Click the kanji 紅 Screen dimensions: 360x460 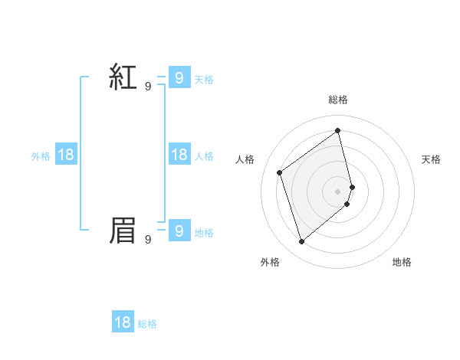coord(123,77)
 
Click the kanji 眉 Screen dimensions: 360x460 coord(123,231)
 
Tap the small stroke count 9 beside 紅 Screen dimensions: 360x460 coord(148,87)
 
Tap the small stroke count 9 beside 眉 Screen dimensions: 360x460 coord(148,240)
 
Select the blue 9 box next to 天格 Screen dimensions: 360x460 coord(179,78)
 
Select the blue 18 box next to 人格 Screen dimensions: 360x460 coord(179,155)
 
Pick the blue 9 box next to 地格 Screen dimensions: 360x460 coord(179,231)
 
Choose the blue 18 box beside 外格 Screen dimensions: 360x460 coord(66,155)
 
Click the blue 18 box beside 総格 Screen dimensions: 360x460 coord(123,322)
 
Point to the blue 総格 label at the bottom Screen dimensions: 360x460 coord(147,324)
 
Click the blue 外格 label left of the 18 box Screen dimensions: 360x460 coord(41,156)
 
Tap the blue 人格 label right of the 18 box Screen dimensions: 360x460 coord(205,156)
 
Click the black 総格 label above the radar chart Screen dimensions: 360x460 coord(338,100)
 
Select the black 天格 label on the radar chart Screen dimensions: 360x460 coord(431,159)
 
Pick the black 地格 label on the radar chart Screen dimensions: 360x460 coord(402,262)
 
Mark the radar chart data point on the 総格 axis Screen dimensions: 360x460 coord(338,130)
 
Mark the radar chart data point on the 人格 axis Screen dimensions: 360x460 coord(280,172)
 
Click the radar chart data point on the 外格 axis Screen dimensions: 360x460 coord(302,242)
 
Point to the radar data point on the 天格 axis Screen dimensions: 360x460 coord(352,186)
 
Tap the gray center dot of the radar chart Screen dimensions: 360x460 coord(338,191)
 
